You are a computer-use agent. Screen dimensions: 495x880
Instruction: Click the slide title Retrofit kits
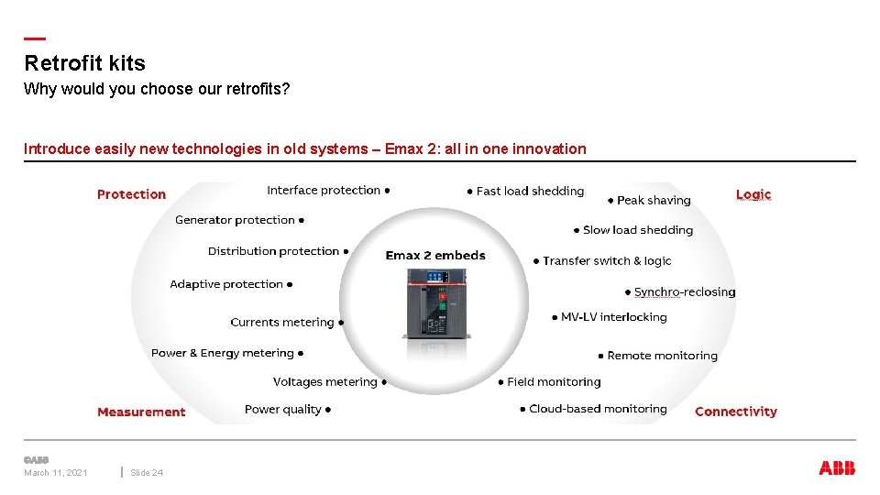pyautogui.click(x=84, y=63)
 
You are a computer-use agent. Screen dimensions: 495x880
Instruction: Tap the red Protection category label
pyautogui.click(x=131, y=194)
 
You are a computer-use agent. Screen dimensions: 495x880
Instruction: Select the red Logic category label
pyautogui.click(x=753, y=194)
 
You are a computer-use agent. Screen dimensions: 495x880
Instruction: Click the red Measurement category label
pyautogui.click(x=141, y=412)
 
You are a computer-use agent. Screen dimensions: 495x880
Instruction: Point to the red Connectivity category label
pyautogui.click(x=735, y=412)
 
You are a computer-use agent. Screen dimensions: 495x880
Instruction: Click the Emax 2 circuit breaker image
pyautogui.click(x=435, y=302)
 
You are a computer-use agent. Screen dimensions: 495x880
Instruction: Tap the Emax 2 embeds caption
pyautogui.click(x=435, y=255)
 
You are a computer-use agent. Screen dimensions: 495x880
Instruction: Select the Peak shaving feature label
pyautogui.click(x=654, y=200)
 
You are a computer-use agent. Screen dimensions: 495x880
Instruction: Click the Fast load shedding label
pyautogui.click(x=530, y=191)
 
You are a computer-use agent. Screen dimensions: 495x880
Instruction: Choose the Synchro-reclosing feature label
pyautogui.click(x=685, y=292)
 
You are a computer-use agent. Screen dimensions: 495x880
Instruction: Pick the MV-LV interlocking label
pyautogui.click(x=613, y=317)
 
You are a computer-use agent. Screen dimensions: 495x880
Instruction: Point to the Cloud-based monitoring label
pyautogui.click(x=598, y=409)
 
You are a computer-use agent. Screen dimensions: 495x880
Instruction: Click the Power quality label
pyautogui.click(x=283, y=409)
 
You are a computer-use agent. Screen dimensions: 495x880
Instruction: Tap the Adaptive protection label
pyautogui.click(x=226, y=284)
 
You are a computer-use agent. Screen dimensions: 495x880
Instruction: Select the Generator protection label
pyautogui.click(x=235, y=220)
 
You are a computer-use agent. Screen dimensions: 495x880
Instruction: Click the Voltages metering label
pyautogui.click(x=325, y=381)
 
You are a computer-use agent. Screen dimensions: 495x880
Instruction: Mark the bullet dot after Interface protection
pyautogui.click(x=388, y=191)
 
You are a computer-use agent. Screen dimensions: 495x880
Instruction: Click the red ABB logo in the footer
pyautogui.click(x=837, y=468)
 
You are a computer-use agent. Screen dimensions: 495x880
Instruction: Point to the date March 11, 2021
pyautogui.click(x=56, y=473)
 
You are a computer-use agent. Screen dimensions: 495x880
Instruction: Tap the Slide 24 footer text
pyautogui.click(x=147, y=473)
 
